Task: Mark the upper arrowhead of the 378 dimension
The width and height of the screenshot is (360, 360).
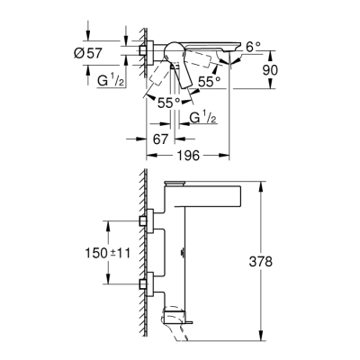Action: [260, 184]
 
